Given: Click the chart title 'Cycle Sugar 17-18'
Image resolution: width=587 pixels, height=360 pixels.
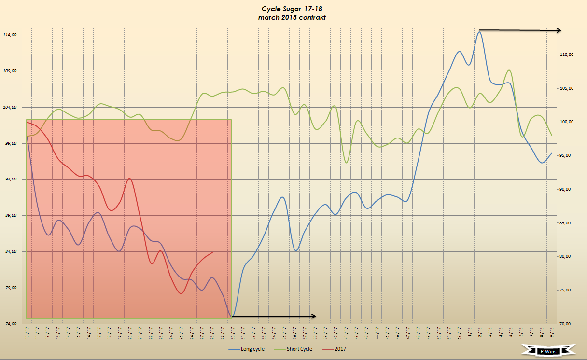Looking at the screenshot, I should (294, 9).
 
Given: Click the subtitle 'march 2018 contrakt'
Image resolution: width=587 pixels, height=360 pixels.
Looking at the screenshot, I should (294, 17).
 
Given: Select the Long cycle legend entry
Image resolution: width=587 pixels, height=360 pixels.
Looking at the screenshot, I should (252, 349).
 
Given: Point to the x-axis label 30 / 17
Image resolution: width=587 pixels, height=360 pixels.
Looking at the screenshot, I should (233, 332).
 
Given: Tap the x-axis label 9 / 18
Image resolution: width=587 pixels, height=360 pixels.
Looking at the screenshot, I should (552, 332).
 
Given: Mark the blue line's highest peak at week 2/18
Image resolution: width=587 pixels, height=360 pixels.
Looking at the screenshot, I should (479, 32).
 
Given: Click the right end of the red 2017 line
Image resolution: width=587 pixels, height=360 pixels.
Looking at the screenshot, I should (212, 252).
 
